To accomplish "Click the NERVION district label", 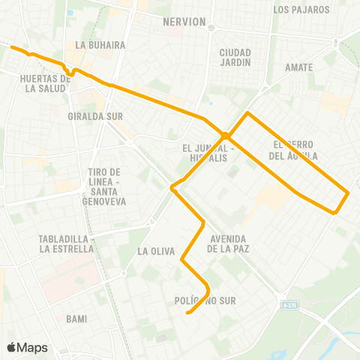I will point(184,22).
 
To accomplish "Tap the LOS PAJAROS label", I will point(301,10).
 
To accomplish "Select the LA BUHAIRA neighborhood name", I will point(94,45).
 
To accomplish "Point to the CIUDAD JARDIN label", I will point(230,57).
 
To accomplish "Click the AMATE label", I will point(298,67).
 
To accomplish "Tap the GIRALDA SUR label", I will point(94,117).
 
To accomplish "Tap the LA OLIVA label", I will point(156,251).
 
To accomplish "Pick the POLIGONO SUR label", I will point(205,301).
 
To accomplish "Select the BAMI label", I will point(76,319).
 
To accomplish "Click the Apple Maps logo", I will point(27,347).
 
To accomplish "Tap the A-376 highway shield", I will point(290,305).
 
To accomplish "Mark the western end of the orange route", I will point(10,46).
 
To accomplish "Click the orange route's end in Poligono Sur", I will point(187,313).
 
